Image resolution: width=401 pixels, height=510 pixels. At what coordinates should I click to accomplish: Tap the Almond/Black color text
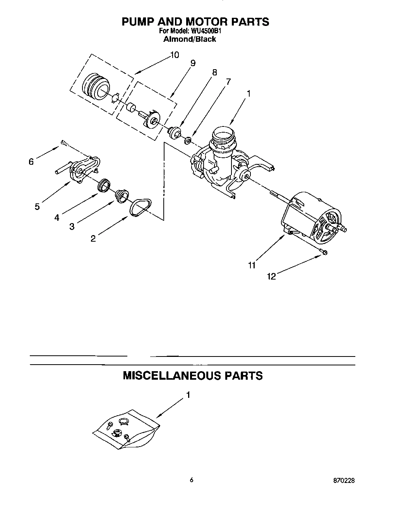pyautogui.click(x=190, y=39)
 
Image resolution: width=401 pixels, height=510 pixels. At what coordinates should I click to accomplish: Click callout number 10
pyautogui.click(x=175, y=55)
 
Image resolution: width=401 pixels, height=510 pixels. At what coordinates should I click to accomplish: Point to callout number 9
pyautogui.click(x=193, y=63)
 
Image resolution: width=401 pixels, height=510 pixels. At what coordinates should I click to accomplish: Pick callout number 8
pyautogui.click(x=214, y=72)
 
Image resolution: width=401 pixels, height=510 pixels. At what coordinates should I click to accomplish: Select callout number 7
pyautogui.click(x=228, y=82)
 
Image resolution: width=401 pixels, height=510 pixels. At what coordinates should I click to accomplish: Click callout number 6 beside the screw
pyautogui.click(x=31, y=162)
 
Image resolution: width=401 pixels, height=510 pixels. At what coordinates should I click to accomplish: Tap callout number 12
pyautogui.click(x=271, y=276)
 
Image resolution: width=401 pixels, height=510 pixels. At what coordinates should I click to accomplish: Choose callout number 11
pyautogui.click(x=252, y=265)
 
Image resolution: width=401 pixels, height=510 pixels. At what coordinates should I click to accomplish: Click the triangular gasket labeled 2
pyautogui.click(x=141, y=208)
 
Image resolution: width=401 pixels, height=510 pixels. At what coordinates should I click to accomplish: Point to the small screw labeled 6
pyautogui.click(x=64, y=144)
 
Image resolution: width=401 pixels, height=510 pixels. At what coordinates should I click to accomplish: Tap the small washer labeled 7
pyautogui.click(x=188, y=140)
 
